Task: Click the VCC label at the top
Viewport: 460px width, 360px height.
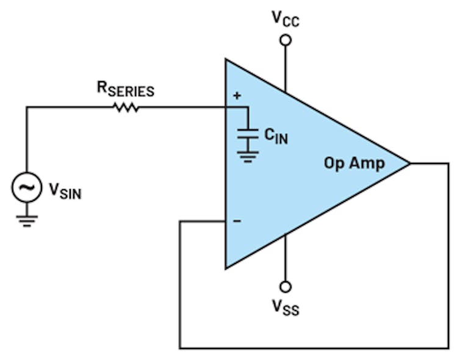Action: tap(285, 20)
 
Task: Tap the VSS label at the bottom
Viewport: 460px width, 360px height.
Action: tap(285, 306)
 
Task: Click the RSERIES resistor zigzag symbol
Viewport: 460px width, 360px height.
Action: tap(126, 108)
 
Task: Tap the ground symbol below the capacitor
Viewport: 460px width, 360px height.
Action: tap(247, 157)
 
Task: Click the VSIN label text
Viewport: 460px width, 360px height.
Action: tap(65, 191)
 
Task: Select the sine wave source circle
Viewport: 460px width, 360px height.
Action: tap(27, 189)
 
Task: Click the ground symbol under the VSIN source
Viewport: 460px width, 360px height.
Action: tap(27, 220)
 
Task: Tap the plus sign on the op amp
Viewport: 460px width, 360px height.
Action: tap(237, 96)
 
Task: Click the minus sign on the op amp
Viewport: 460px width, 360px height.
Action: tap(237, 221)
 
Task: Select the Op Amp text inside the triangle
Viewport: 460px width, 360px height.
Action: tap(354, 164)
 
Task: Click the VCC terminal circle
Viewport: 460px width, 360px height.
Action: tap(285, 40)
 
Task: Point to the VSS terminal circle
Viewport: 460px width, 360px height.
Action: tap(285, 286)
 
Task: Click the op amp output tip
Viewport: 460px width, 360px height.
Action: tap(409, 164)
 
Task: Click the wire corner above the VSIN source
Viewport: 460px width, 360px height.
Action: tap(27, 108)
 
